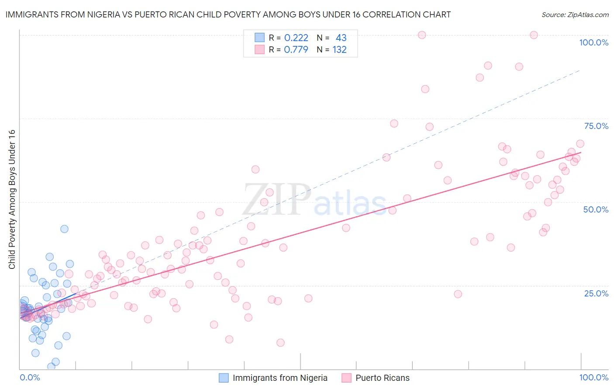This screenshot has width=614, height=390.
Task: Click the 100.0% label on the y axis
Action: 593,42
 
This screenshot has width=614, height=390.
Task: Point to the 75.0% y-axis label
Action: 596,126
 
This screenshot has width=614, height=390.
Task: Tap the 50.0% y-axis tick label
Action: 596,209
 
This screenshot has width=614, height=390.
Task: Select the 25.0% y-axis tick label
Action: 596,293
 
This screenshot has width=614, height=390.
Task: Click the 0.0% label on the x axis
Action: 30,377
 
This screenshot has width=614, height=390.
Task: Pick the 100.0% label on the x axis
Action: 593,377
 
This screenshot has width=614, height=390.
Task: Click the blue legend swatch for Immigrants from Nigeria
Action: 224,378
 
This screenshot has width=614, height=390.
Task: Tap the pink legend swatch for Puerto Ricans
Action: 346,378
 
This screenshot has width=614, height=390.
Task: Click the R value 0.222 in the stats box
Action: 296,38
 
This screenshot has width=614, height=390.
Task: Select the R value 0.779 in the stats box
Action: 296,49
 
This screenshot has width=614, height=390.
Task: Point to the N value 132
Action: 339,49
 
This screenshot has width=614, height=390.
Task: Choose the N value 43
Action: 341,38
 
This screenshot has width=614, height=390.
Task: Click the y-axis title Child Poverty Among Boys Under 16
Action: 12,199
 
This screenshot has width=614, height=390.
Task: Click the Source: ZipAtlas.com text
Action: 575,14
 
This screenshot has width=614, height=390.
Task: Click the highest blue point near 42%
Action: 64,229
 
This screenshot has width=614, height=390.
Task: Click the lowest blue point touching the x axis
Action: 51,366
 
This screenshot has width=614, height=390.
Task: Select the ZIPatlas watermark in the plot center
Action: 314,200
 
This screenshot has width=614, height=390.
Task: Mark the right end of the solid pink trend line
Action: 581,152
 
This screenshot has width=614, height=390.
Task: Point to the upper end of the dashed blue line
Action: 580,70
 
